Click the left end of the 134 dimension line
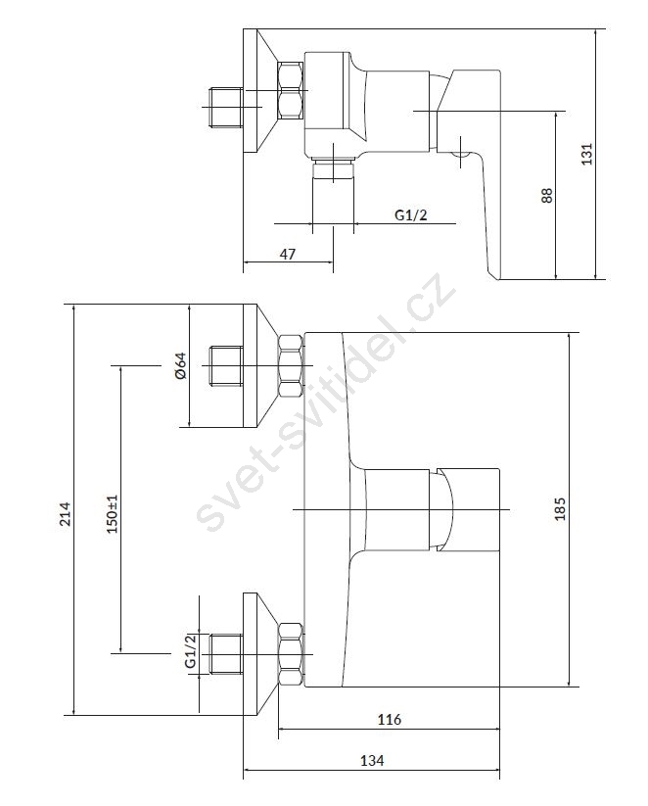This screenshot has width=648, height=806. pyautogui.click(x=243, y=770)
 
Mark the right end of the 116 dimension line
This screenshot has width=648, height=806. pyautogui.click(x=499, y=729)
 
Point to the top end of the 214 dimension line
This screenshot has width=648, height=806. pyautogui.click(x=74, y=305)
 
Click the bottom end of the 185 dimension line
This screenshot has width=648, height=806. pyautogui.click(x=569, y=687)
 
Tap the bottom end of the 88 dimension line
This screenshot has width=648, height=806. pyautogui.click(x=556, y=280)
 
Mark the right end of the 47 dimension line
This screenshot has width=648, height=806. pyautogui.click(x=333, y=262)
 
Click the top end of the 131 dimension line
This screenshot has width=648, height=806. pyautogui.click(x=594, y=29)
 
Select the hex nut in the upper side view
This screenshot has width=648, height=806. pyautogui.click(x=291, y=90)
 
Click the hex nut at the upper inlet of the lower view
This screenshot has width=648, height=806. pyautogui.click(x=291, y=365)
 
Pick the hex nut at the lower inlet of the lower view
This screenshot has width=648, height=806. pyautogui.click(x=291, y=653)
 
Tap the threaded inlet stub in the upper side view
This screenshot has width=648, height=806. pyautogui.click(x=226, y=107)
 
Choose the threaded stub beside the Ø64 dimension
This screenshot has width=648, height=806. pyautogui.click(x=226, y=365)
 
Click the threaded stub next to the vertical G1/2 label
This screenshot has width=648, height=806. pyautogui.click(x=226, y=653)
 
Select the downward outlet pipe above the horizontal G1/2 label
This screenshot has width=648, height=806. pyautogui.click(x=333, y=193)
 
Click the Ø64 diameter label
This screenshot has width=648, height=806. pyautogui.click(x=181, y=366)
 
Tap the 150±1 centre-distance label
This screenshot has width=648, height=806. pyautogui.click(x=113, y=513)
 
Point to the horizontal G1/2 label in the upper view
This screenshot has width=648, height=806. pyautogui.click(x=410, y=214)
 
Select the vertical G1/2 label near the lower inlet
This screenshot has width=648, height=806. pyautogui.click(x=191, y=651)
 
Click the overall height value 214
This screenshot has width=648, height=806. pyautogui.click(x=66, y=514)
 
